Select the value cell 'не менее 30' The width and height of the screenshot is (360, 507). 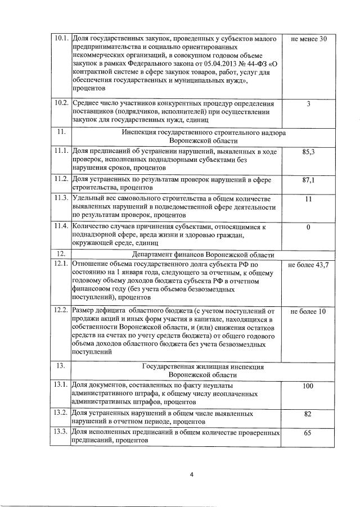(308, 39)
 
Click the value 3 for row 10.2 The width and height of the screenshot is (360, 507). (308, 104)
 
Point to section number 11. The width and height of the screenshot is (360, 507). (60, 132)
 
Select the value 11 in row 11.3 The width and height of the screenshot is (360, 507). (308, 199)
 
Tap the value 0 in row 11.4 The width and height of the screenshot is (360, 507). (308, 227)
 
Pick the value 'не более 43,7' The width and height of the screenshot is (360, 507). (308, 264)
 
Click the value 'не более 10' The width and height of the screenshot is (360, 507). (308, 311)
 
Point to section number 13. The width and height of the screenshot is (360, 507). (60, 366)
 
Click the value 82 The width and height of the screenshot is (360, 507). (308, 414)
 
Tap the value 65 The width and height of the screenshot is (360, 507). (308, 434)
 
